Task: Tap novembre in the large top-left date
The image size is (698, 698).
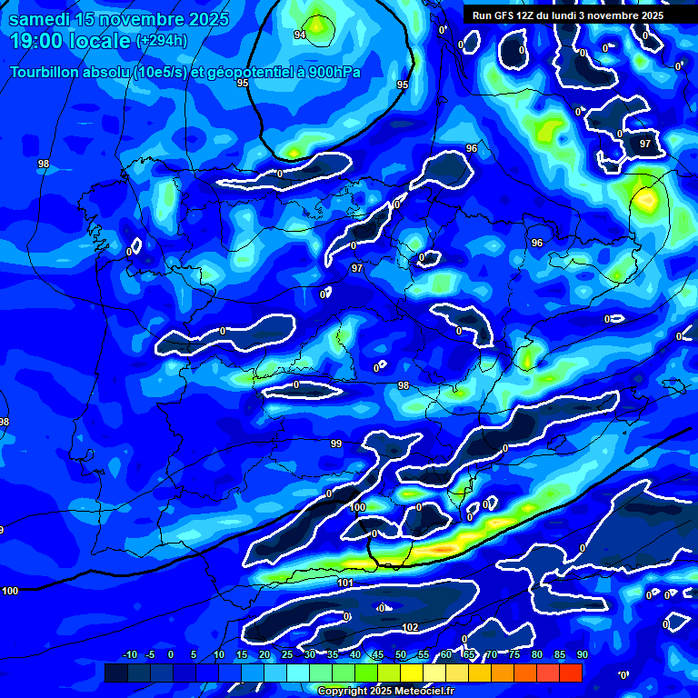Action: click(135, 19)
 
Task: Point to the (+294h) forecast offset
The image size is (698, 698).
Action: click(161, 41)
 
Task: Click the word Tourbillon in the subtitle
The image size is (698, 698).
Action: click(45, 72)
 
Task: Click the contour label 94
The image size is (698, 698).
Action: click(300, 35)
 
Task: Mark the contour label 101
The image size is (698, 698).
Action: click(344, 583)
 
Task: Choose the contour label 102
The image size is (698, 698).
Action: click(410, 627)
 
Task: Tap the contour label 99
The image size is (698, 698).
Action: click(336, 444)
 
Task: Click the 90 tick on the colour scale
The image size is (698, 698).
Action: click(581, 654)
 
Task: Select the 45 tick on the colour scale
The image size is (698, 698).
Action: click(377, 654)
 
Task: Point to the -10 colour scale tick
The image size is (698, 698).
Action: click(129, 654)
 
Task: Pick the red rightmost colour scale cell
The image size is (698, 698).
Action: click(570, 673)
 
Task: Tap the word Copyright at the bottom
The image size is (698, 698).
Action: click(344, 692)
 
